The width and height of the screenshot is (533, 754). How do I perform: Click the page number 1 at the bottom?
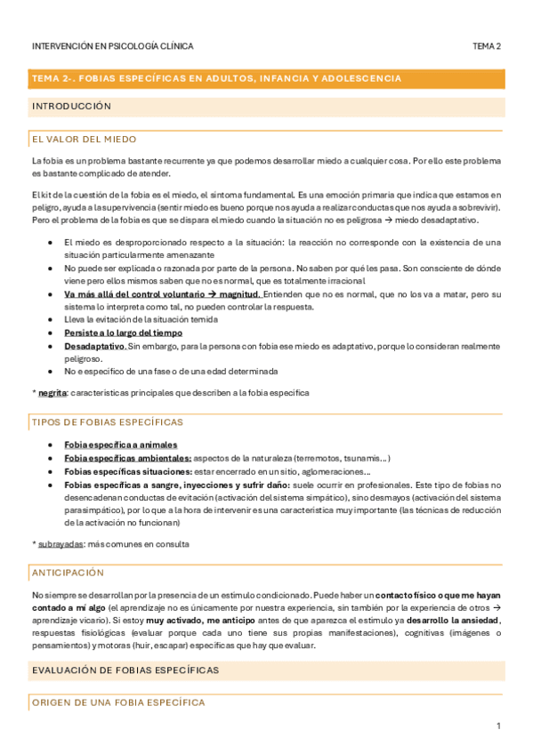499,726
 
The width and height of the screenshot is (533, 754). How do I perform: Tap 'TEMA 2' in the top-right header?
487,46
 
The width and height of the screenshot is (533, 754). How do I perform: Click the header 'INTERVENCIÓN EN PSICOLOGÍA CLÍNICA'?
112,46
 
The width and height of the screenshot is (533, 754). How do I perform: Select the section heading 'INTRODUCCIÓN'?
71,106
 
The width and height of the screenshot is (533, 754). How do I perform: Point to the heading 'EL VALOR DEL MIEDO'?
81,140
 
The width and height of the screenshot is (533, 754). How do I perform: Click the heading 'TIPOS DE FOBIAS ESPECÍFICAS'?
107,421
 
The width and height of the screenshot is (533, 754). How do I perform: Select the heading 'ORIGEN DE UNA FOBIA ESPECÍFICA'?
117,702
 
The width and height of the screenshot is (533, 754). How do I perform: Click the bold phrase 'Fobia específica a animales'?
121,445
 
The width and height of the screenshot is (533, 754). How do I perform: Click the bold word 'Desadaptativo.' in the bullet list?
95,346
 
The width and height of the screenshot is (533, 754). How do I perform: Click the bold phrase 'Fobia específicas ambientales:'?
128,458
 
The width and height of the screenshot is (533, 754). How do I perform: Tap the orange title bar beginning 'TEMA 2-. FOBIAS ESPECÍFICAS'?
266,78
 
